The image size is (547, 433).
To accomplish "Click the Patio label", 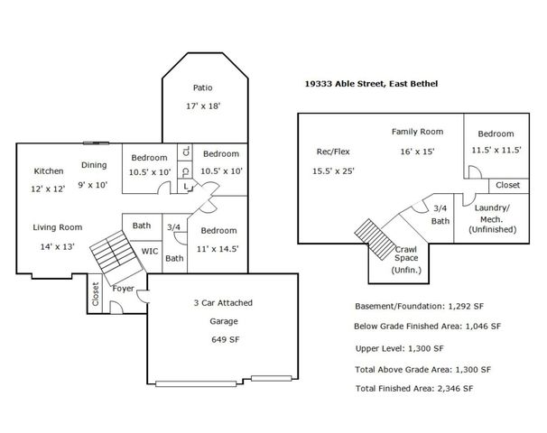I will click(x=203, y=88).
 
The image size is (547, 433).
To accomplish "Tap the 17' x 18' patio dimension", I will click(x=203, y=106).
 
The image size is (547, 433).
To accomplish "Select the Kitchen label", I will click(x=49, y=170).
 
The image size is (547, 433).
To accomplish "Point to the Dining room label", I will click(x=94, y=164).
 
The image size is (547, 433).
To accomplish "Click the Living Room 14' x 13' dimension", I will click(x=58, y=245).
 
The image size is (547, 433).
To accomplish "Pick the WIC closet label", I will click(x=149, y=252).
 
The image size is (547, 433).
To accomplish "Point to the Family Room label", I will click(x=417, y=132).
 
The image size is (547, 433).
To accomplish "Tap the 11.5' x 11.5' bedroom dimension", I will click(x=496, y=151).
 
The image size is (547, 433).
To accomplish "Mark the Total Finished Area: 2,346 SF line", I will click(x=414, y=388).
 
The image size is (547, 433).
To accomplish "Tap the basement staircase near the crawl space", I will click(x=371, y=236).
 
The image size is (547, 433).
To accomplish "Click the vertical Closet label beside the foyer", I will click(x=95, y=295).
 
